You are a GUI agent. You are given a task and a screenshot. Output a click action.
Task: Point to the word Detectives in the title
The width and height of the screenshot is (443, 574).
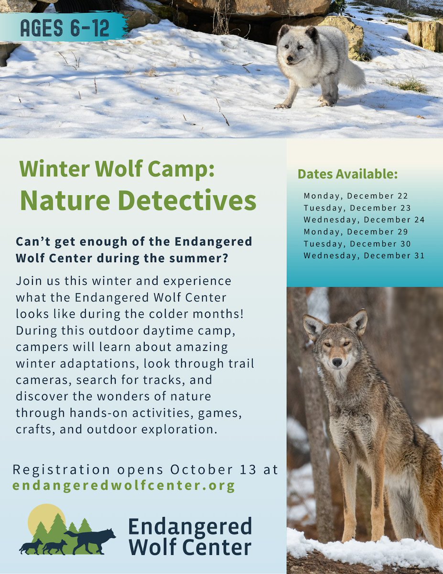click(187, 201)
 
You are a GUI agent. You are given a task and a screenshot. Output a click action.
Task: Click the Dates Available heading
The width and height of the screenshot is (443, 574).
click(347, 174)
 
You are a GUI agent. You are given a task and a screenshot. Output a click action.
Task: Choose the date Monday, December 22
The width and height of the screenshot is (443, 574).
click(356, 196)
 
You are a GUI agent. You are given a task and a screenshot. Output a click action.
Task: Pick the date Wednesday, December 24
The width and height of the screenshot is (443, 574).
click(364, 220)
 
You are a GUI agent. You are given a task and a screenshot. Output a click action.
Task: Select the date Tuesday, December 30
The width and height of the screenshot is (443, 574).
click(357, 243)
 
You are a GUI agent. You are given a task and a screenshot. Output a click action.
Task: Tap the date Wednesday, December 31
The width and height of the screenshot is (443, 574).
click(364, 255)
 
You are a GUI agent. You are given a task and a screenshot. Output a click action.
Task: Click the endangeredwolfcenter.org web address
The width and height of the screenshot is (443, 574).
click(124, 486)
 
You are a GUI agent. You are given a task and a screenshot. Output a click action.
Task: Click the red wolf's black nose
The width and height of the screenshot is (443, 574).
click(338, 362)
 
